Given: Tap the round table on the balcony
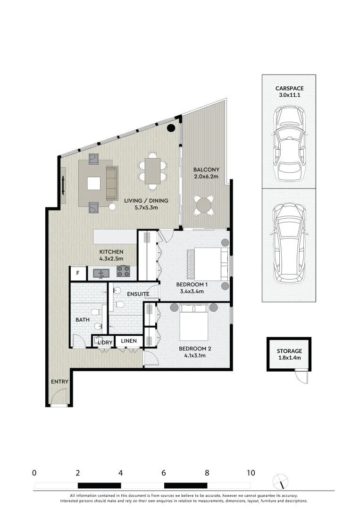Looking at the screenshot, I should tap(204, 206).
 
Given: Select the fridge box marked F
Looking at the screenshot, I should tap(77, 273).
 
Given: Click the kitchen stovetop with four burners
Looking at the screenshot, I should tap(123, 272).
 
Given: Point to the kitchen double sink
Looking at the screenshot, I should tap(101, 272).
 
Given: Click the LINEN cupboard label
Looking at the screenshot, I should tap(129, 341).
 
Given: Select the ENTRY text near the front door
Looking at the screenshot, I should tap(60, 382).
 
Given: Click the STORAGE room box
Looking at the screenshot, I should tap(289, 354).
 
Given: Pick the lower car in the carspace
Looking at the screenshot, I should tap(289, 244).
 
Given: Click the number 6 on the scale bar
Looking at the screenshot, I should tap(164, 473).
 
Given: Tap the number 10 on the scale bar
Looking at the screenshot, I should tap(251, 473).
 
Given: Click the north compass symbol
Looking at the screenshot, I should tap(281, 482).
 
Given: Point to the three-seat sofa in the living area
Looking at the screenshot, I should tap(111, 183).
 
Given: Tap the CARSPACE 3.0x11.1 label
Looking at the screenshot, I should tap(289, 92).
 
